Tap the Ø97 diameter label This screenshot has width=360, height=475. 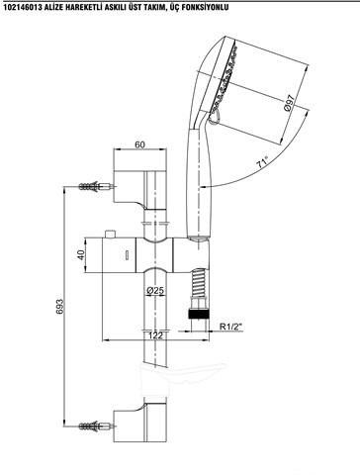coord(289,103)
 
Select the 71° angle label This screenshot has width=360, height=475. coord(262,162)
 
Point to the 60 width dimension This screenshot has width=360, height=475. coord(139,144)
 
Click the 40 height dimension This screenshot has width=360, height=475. coord(81,255)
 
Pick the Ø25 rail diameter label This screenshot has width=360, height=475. coord(155,291)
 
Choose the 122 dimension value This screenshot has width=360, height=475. coord(155,335)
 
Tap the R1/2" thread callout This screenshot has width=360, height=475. coord(231,327)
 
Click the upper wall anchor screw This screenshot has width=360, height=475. coord(96,187)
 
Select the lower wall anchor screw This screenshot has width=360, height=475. coord(96,427)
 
